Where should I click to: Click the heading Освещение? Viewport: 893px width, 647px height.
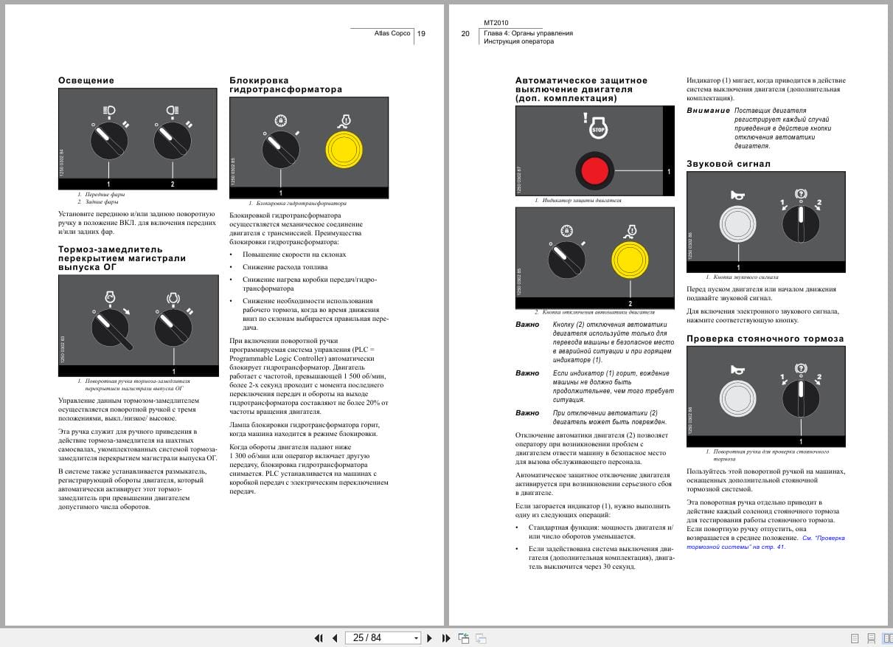click(x=86, y=80)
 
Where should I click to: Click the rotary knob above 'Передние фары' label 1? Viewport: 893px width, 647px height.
click(x=109, y=141)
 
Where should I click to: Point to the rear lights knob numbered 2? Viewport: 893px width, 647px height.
click(x=173, y=141)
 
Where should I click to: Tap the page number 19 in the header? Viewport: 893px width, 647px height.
click(x=421, y=33)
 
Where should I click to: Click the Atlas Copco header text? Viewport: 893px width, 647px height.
click(x=392, y=33)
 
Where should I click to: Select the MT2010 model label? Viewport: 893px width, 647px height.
click(x=496, y=23)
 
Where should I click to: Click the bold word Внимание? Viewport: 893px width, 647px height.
click(x=708, y=111)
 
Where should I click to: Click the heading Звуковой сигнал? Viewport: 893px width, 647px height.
click(x=728, y=164)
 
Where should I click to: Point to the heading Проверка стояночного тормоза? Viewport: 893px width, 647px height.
click(x=765, y=339)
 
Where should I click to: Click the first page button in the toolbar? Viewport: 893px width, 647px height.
click(x=319, y=638)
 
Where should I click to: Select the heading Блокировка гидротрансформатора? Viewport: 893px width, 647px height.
click(x=285, y=85)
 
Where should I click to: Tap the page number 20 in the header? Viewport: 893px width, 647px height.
click(x=465, y=33)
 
